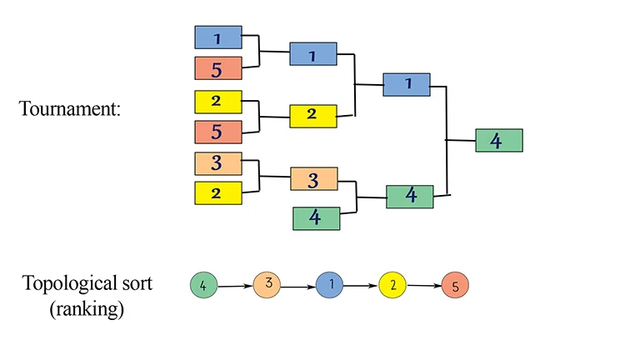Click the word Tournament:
coord(70,108)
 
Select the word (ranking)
coord(87,308)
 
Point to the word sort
coord(137,283)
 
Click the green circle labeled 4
coord(203,285)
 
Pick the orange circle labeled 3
coord(267,284)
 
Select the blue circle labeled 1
coord(329,284)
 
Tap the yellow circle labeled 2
coord(392,284)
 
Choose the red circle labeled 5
coord(455,284)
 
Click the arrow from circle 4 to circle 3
coord(235,286)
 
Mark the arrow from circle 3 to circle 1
coord(298,287)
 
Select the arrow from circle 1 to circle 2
coord(361,286)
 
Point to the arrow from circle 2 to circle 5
coord(423,285)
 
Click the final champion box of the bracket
coord(499,140)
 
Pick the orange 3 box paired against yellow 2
coord(218,163)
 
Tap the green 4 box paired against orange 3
coord(317,218)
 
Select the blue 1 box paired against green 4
coord(407,84)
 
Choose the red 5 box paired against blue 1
coord(218,68)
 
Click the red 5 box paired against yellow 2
coord(218,132)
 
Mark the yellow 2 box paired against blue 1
coord(313,117)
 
